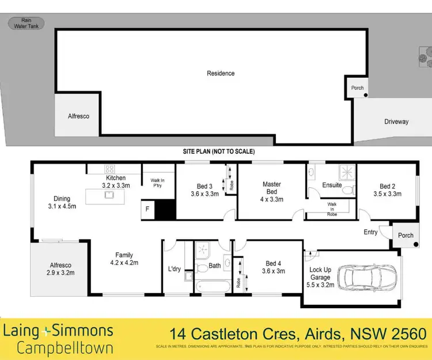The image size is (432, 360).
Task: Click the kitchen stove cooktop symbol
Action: (x=109, y=169)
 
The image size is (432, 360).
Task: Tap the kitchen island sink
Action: (x=108, y=195)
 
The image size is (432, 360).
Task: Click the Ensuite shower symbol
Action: (x=346, y=172)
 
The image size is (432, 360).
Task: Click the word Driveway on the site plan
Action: (x=396, y=122)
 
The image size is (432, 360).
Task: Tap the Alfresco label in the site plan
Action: (x=77, y=116)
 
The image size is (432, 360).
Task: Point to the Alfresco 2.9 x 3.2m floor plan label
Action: (x=60, y=269)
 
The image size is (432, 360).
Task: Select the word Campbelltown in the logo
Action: (x=65, y=348)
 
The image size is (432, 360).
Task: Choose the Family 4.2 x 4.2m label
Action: (x=124, y=259)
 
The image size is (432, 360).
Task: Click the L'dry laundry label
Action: (x=175, y=269)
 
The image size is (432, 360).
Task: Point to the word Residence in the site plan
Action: (x=221, y=73)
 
